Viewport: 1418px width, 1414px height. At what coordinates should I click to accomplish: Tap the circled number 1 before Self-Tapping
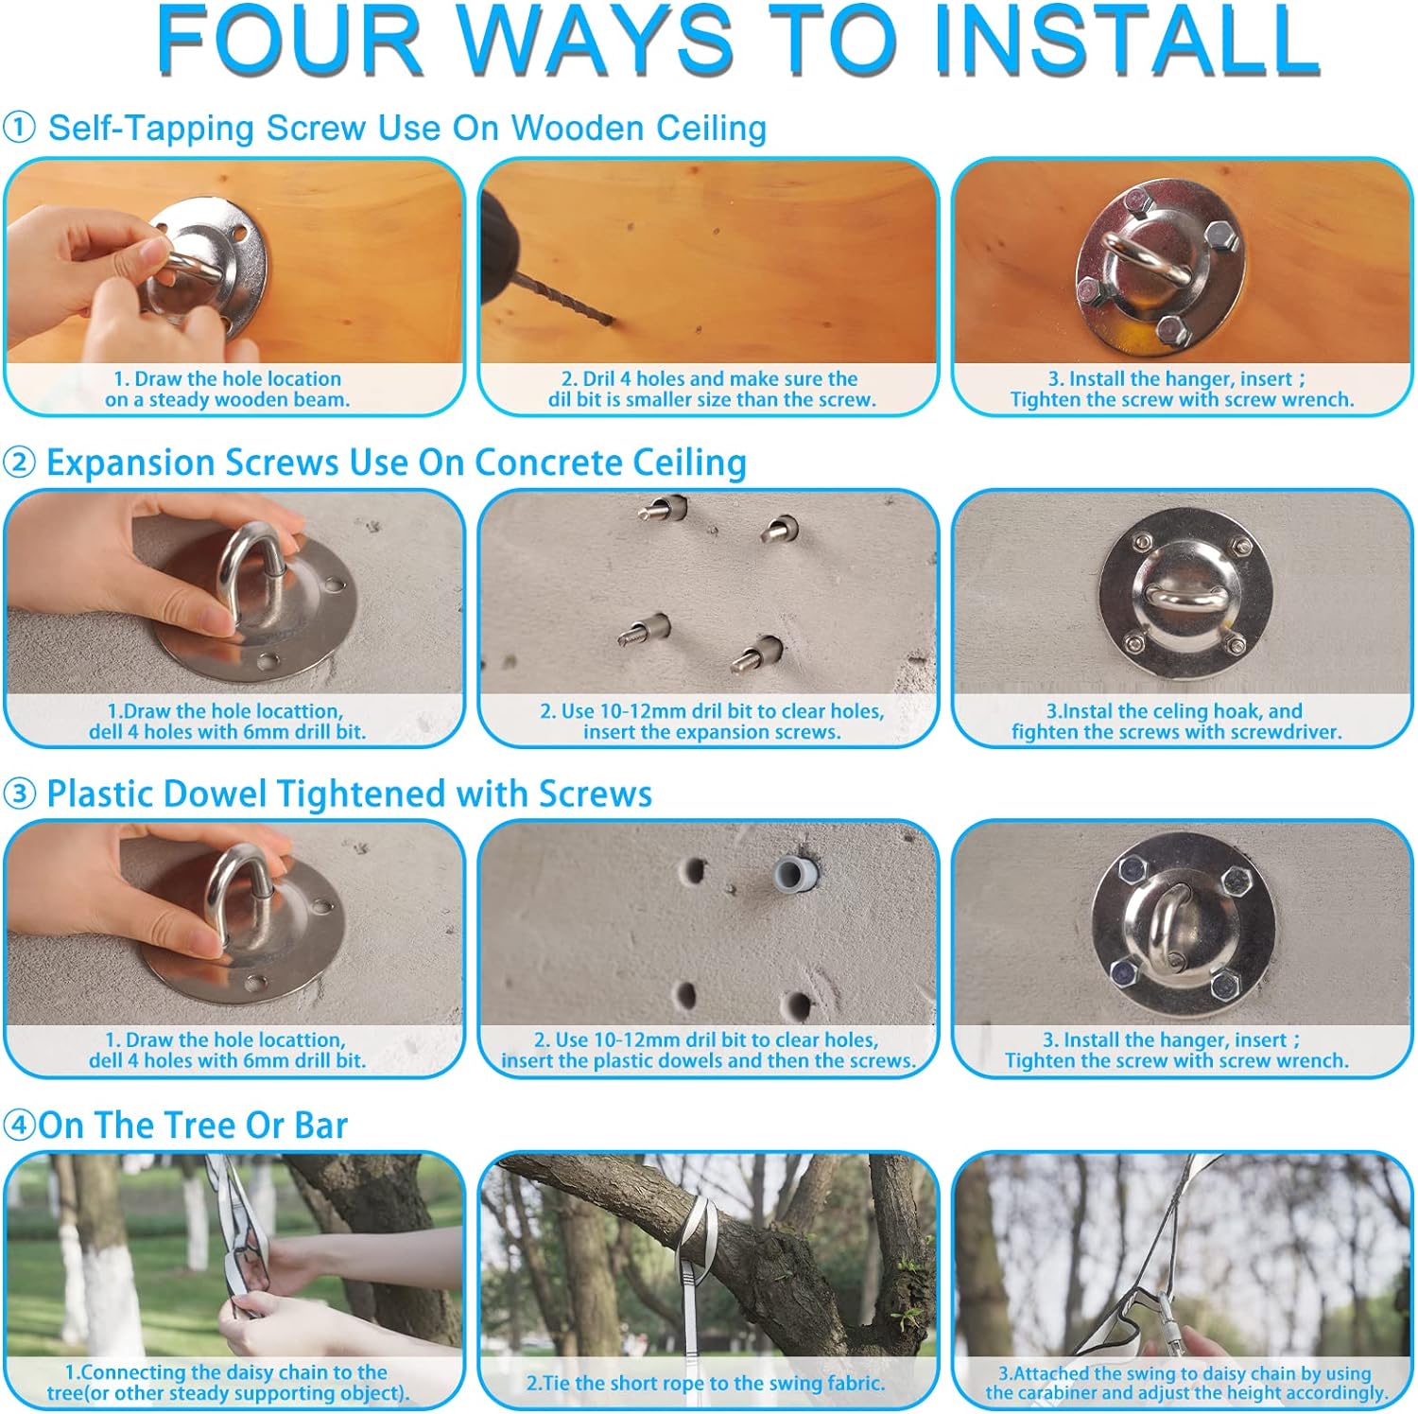[19, 128]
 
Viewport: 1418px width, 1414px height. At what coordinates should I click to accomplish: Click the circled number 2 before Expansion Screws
[19, 463]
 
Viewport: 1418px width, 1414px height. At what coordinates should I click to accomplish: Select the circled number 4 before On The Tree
[19, 1126]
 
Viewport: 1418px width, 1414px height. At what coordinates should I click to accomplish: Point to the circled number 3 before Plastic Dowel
[19, 794]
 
